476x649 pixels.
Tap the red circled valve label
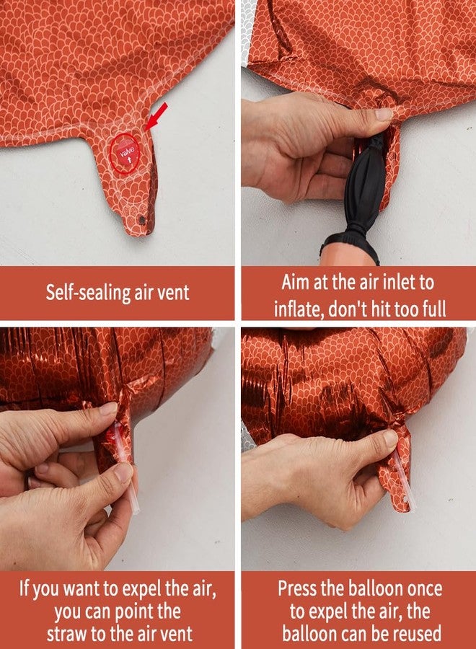pos(125,153)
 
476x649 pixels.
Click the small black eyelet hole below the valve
pos(142,220)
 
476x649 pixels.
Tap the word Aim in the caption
pos(295,282)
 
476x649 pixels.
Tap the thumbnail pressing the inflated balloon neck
pos(389,438)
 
